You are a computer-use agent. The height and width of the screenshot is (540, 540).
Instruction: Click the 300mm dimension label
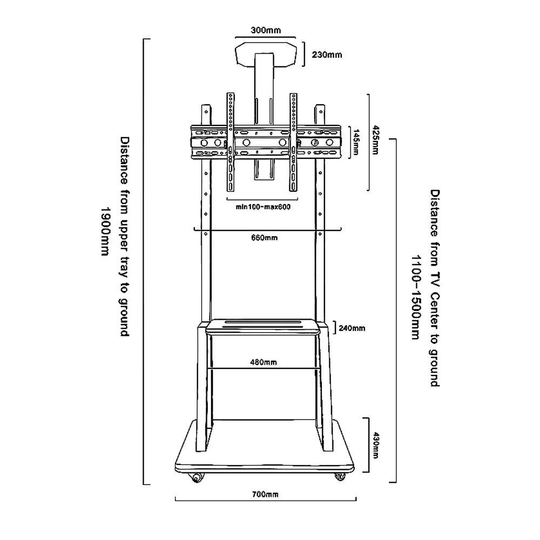[266, 30]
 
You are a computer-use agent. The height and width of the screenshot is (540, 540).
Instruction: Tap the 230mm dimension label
[327, 55]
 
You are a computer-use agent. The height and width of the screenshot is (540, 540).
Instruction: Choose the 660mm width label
[265, 237]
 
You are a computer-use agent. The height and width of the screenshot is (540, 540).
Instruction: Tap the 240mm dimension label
[352, 328]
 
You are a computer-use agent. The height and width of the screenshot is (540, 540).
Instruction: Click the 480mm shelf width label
[264, 362]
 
